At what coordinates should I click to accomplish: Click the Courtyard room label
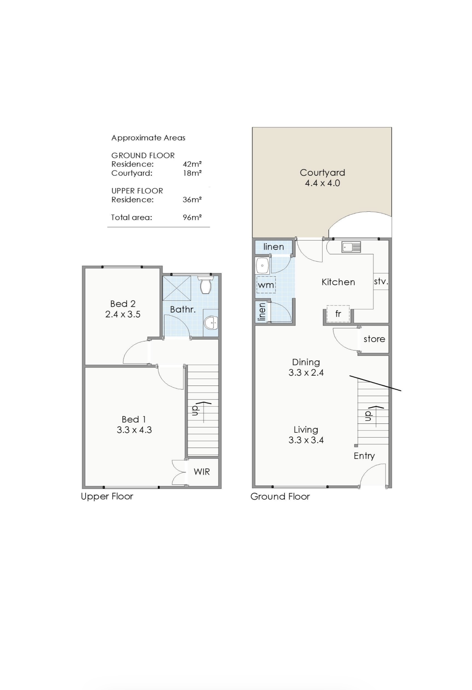point(322,172)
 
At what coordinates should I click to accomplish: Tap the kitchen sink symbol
point(351,247)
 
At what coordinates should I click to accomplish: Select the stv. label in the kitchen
point(381,282)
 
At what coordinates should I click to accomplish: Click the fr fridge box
point(338,314)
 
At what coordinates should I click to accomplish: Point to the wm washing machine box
point(266,285)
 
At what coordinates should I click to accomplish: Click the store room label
point(374,339)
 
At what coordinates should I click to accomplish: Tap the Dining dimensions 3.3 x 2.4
point(306,373)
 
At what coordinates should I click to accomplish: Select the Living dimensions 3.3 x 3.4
point(306,440)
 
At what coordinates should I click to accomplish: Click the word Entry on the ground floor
point(364,456)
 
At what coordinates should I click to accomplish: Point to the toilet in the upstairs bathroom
point(206,285)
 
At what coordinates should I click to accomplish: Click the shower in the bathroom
point(177,288)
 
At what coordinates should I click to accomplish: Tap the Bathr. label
point(183,309)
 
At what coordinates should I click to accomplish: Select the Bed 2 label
point(123,303)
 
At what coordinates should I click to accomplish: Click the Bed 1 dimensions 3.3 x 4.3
point(134,430)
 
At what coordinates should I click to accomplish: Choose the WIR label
point(202,472)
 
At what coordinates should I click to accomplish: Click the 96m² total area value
point(192,217)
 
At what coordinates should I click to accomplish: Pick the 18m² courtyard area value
point(192,173)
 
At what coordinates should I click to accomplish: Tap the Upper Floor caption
point(107,497)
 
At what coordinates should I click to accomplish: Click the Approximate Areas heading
point(148,138)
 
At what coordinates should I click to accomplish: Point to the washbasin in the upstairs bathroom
point(211,323)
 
